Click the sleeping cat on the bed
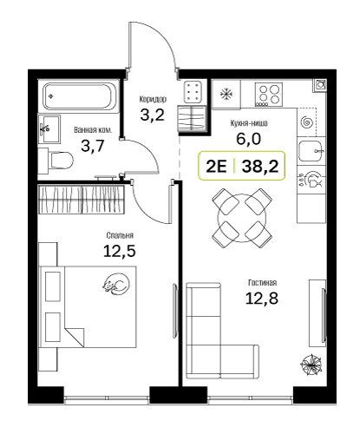coord(116,284)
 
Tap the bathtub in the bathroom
coord(79,96)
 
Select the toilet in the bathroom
coord(57,160)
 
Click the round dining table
coord(242,218)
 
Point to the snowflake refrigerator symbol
coord(226,94)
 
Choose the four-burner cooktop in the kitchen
coord(269,95)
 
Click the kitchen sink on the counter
coord(311,151)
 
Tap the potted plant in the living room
coord(311,365)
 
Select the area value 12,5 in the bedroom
coord(120,251)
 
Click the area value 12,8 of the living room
coord(262,298)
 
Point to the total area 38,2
coord(260,167)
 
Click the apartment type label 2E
coord(216,167)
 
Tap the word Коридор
coord(153,99)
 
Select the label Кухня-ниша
coord(249,123)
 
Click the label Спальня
coord(120,235)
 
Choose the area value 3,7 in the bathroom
coord(93,146)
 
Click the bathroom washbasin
coord(49,129)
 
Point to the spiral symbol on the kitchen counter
coord(306,122)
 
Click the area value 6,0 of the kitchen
coord(249,139)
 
